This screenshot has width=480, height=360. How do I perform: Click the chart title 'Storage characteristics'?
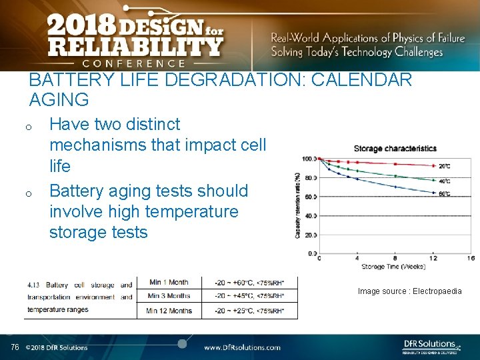395,148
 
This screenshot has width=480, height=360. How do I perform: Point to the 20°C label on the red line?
444,166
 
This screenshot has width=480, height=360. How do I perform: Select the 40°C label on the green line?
444,180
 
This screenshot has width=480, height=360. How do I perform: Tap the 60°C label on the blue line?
444,194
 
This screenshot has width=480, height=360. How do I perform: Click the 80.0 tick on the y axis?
309,178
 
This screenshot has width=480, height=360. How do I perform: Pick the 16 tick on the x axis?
471,258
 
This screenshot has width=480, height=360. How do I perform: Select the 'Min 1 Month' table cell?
169,283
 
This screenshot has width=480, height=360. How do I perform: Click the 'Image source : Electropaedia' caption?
409,291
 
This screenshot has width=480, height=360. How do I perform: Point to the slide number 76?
15,347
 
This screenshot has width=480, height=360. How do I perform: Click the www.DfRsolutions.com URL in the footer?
242,347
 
